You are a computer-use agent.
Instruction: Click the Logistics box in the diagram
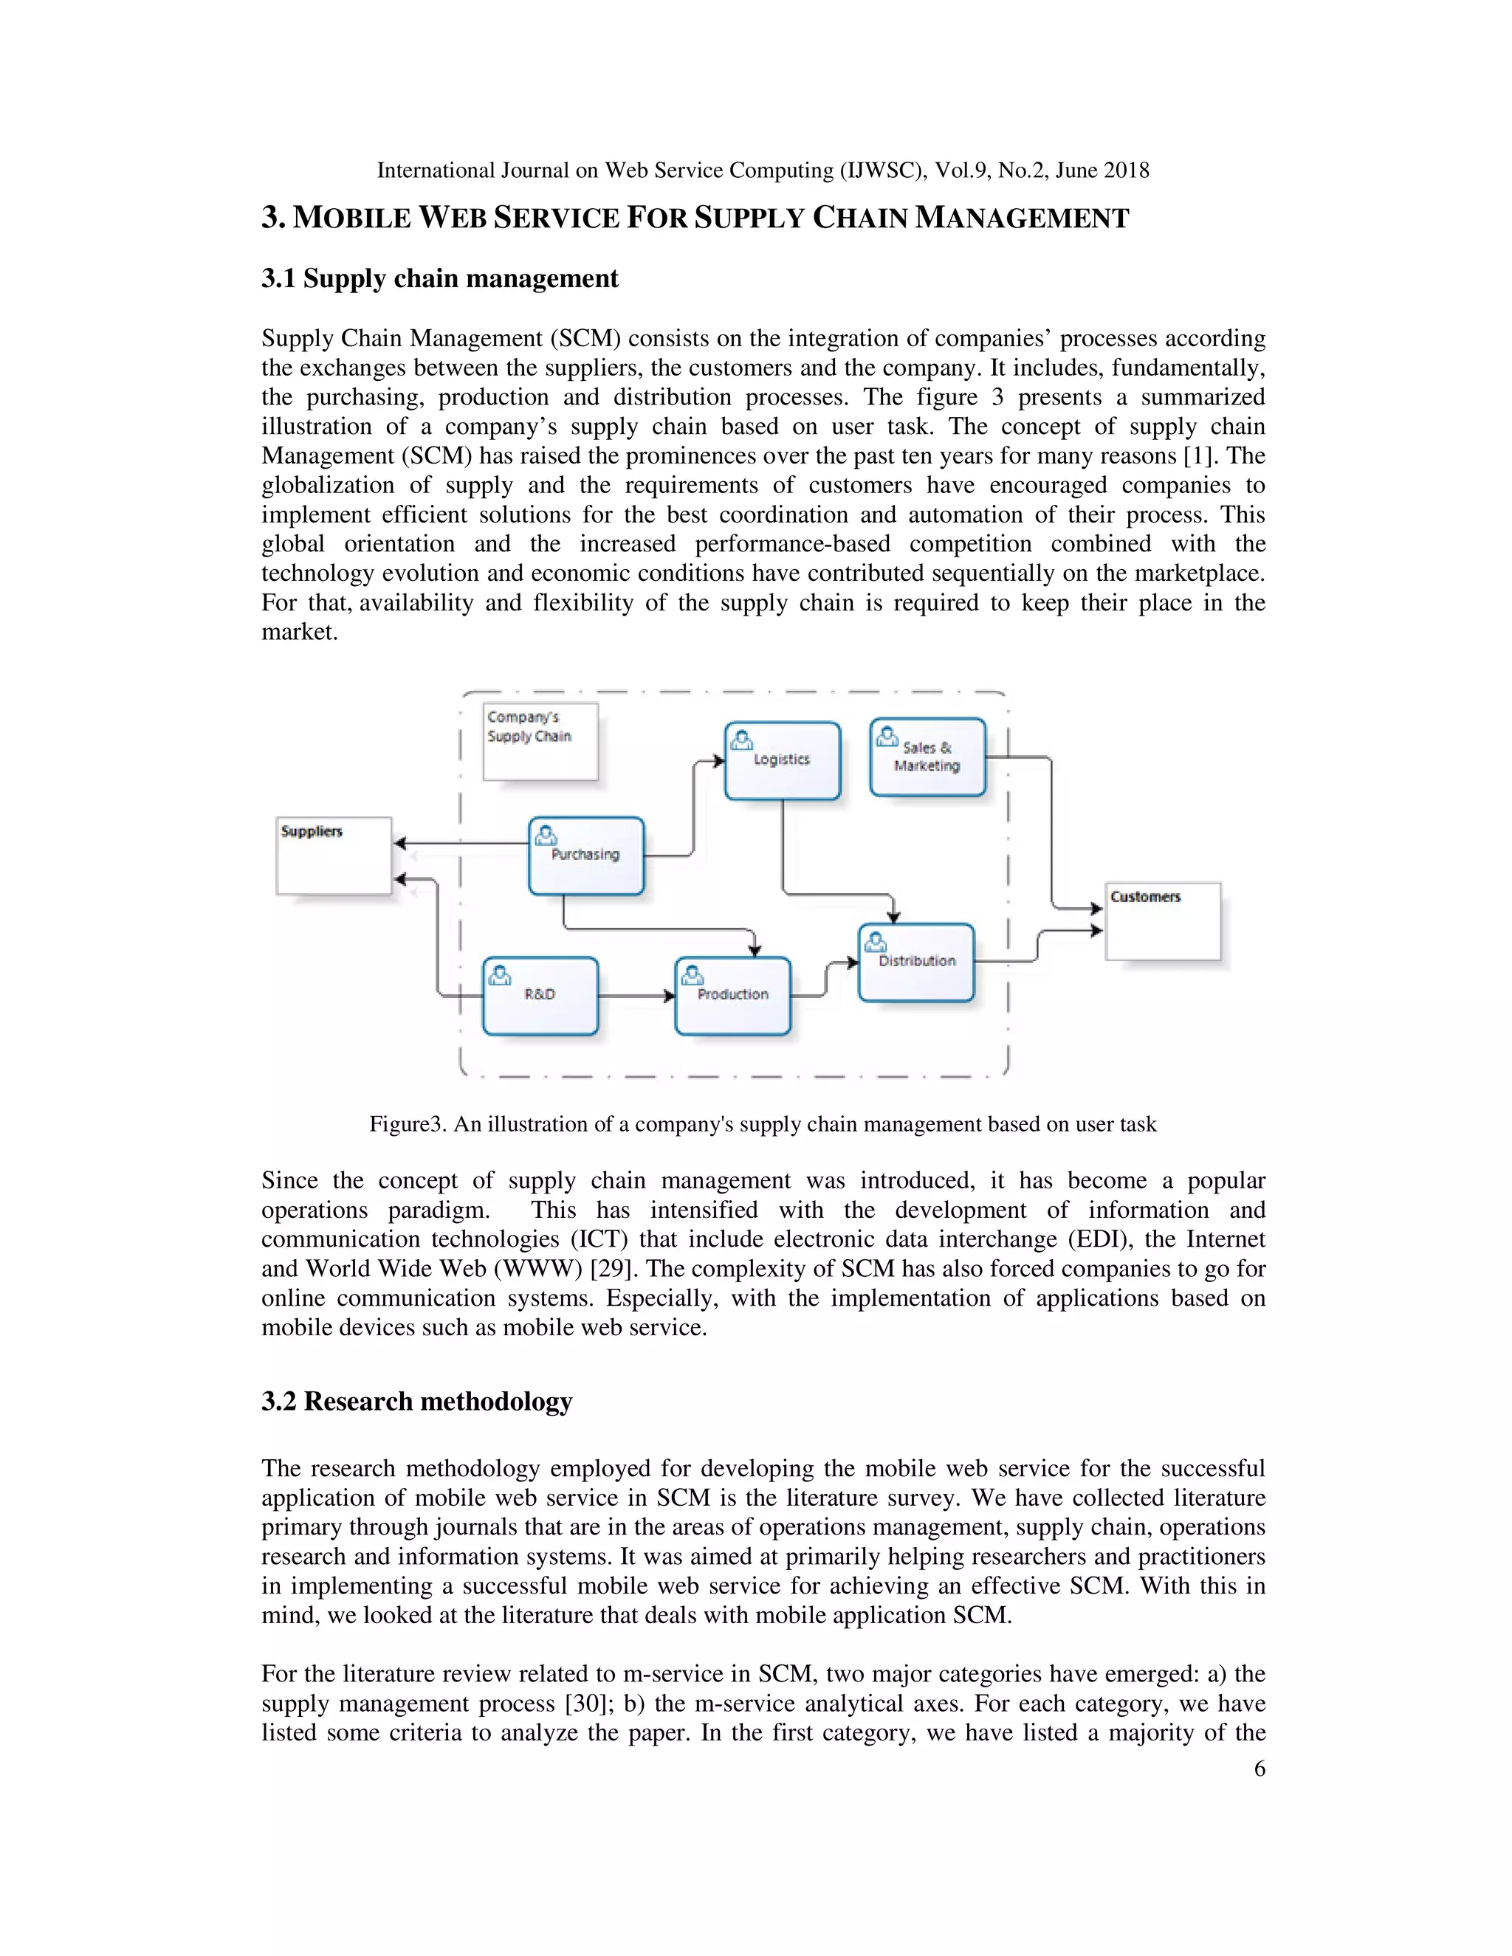(x=782, y=761)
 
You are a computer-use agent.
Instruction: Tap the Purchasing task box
(x=585, y=856)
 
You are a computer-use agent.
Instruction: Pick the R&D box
(x=540, y=996)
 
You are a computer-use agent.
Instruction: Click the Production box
(x=732, y=996)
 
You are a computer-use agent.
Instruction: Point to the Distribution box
(x=915, y=962)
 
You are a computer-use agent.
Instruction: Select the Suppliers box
(x=333, y=856)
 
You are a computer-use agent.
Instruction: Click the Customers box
(x=1163, y=922)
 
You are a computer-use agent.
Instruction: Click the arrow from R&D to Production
(x=636, y=996)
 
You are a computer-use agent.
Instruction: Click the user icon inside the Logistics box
(x=742, y=740)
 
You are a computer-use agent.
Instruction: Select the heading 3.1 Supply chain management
(x=439, y=278)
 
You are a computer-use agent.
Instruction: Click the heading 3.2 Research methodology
(x=416, y=1402)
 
